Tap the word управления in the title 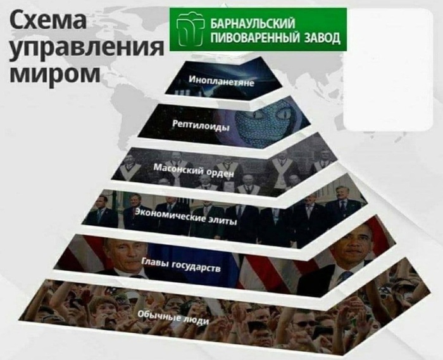coord(87,47)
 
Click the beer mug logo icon coord(190,29)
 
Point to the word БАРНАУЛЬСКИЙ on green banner coord(253,23)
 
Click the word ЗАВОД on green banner coord(321,37)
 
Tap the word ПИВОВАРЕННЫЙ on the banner coord(256,37)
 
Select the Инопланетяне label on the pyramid coord(221,80)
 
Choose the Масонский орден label coord(194,170)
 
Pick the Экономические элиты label coord(185,216)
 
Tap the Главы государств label coord(181,264)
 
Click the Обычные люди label coord(174,318)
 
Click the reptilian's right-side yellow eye coord(285,114)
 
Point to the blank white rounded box coord(388,70)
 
